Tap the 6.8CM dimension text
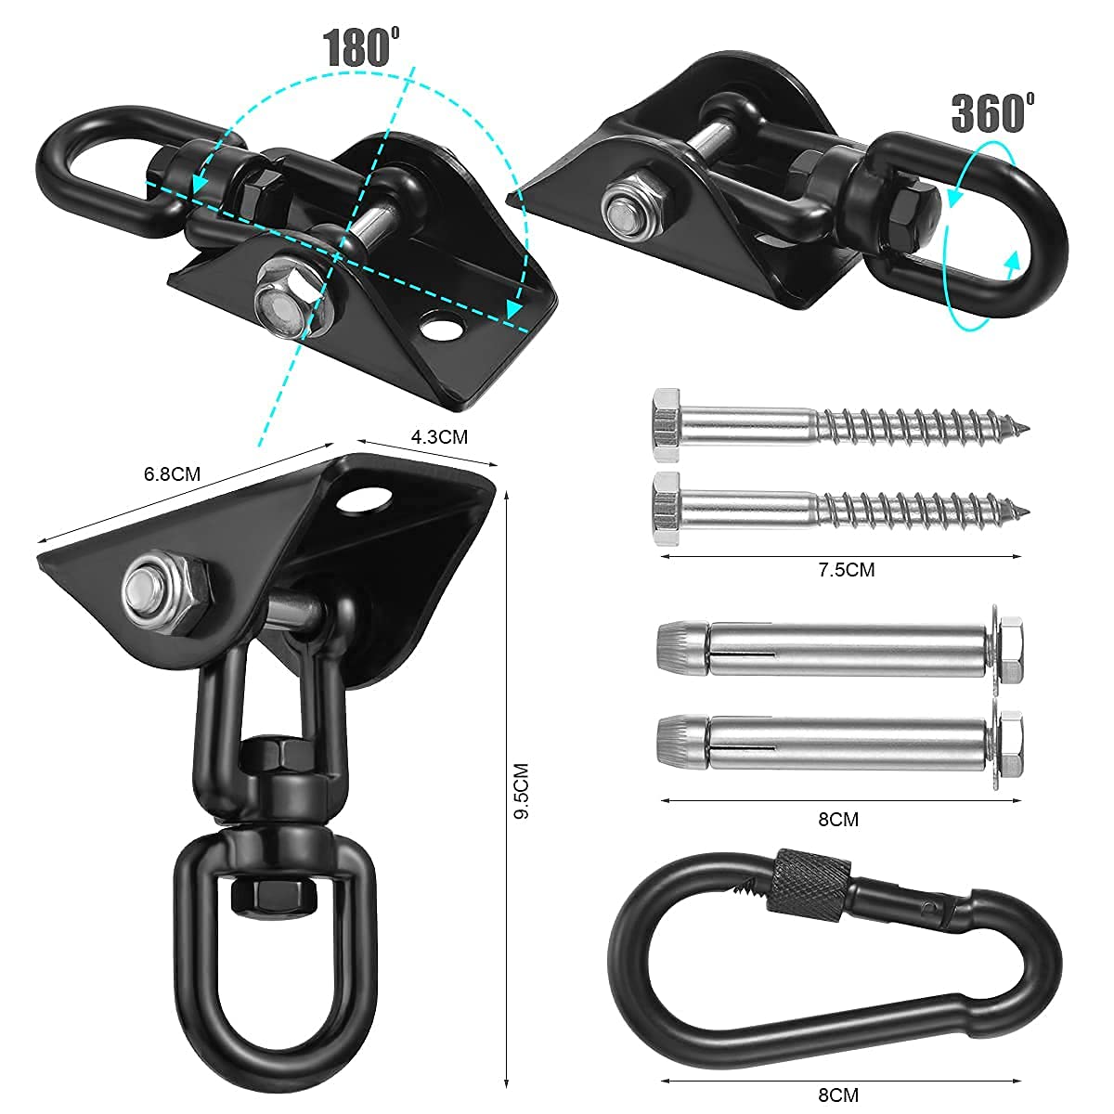173,474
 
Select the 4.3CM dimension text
440,436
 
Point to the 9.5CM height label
521,791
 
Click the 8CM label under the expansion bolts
838,819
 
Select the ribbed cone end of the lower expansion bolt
680,741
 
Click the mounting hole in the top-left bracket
440,330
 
